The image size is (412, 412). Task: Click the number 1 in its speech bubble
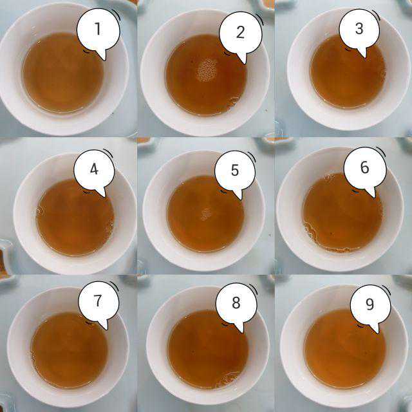(98, 28)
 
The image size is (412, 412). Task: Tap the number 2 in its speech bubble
(240, 32)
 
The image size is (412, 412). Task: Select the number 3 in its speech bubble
(359, 28)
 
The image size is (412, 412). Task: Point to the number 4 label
(94, 169)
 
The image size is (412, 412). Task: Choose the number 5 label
(235, 170)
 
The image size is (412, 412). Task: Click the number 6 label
(365, 167)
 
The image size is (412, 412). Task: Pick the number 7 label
(98, 301)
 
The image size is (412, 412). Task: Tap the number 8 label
(236, 303)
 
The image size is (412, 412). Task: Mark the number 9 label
(370, 304)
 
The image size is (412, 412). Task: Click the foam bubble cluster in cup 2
(207, 70)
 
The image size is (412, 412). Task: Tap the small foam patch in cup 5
(206, 214)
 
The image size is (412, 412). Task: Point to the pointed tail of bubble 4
(104, 196)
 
